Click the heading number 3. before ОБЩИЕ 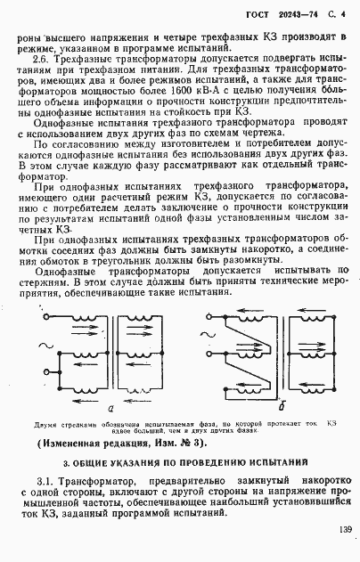point(68,463)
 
